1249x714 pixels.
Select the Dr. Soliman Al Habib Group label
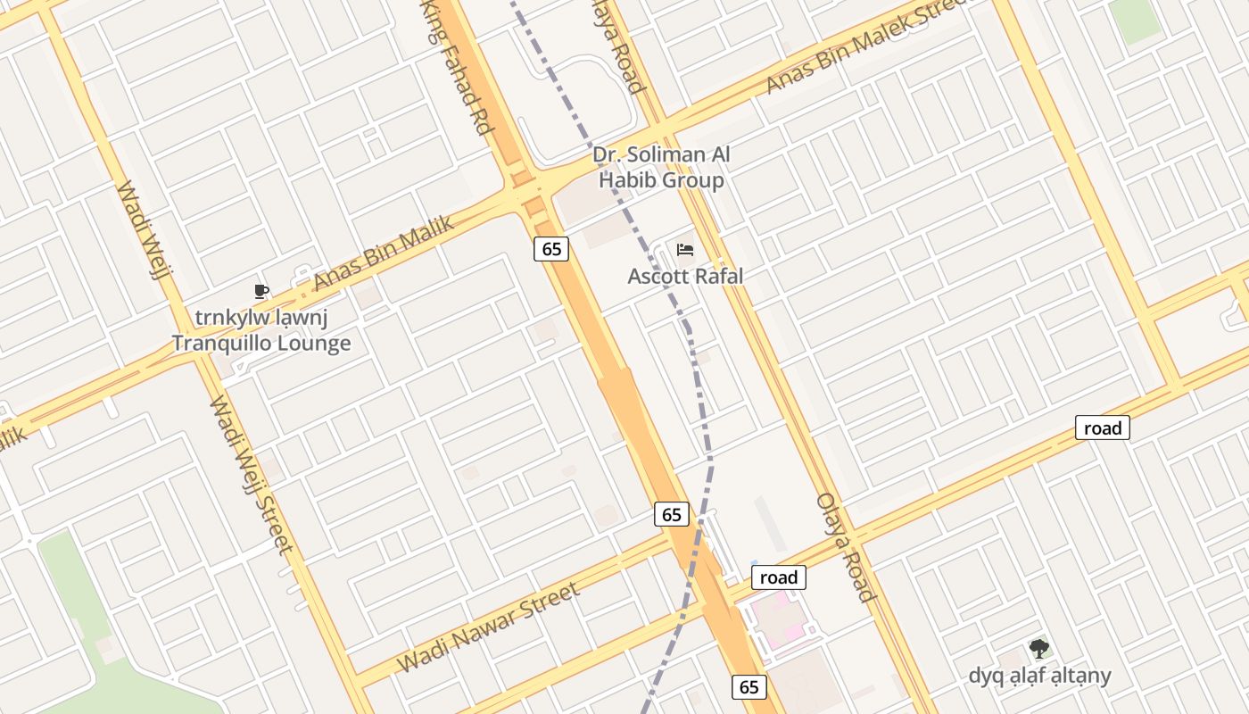661,168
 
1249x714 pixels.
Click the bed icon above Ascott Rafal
685,250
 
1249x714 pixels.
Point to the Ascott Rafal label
685,276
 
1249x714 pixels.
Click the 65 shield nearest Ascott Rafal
552,249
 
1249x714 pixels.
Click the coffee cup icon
261,291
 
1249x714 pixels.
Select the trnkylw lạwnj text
261,318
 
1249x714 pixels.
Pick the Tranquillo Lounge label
261,343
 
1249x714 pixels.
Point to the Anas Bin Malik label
383,253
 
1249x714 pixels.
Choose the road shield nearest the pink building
779,577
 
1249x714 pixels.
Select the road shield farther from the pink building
1103,428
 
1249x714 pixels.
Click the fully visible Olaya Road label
843,546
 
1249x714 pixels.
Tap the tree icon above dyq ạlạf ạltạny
1038,649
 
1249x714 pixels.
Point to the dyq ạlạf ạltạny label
1040,676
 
